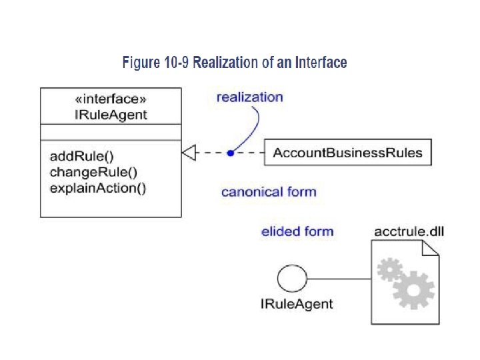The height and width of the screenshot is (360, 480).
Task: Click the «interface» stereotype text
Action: (111, 99)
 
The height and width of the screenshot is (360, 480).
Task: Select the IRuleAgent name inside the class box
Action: (111, 114)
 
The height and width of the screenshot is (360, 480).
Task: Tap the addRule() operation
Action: (82, 157)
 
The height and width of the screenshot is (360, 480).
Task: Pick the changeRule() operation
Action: (93, 172)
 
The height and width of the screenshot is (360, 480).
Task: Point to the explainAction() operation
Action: (98, 187)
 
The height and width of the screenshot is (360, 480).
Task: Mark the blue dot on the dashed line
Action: (230, 153)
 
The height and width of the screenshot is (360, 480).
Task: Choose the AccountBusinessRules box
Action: (347, 153)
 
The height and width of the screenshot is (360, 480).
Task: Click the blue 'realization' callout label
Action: (249, 97)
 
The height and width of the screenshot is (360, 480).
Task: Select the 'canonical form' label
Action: (269, 192)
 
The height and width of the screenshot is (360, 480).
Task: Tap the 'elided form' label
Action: (297, 231)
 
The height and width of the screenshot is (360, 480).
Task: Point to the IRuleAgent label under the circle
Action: (296, 305)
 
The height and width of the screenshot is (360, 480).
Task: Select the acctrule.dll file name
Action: (409, 231)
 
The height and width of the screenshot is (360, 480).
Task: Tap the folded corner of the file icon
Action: (431, 248)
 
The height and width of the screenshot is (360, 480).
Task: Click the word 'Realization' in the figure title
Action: (225, 63)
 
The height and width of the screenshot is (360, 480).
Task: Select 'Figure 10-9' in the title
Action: (156, 63)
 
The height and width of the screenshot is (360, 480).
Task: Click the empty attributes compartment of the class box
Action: (111, 131)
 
